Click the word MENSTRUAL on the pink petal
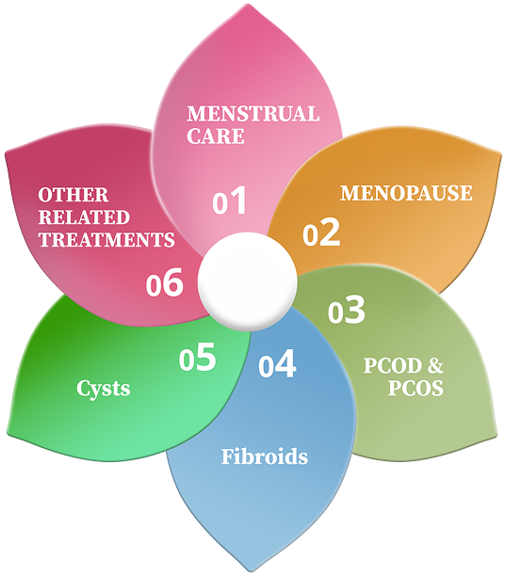tap(253, 114)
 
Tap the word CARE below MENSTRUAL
tap(216, 136)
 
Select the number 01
tap(229, 200)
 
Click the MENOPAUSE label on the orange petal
tap(406, 193)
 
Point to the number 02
tap(321, 232)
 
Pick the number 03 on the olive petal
tap(346, 310)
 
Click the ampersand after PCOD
tap(435, 365)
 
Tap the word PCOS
tap(415, 388)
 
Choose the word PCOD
tap(393, 365)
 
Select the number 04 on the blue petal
tap(277, 363)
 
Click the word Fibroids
tap(265, 456)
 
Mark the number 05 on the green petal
tap(197, 357)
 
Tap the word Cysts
tap(104, 389)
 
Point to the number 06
tap(165, 282)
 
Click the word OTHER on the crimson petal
tap(73, 195)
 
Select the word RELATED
tap(84, 217)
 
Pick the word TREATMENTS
tap(106, 239)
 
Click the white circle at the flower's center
tap(248, 281)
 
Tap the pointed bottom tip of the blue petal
tap(255, 571)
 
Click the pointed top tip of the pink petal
tap(249, 5)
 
